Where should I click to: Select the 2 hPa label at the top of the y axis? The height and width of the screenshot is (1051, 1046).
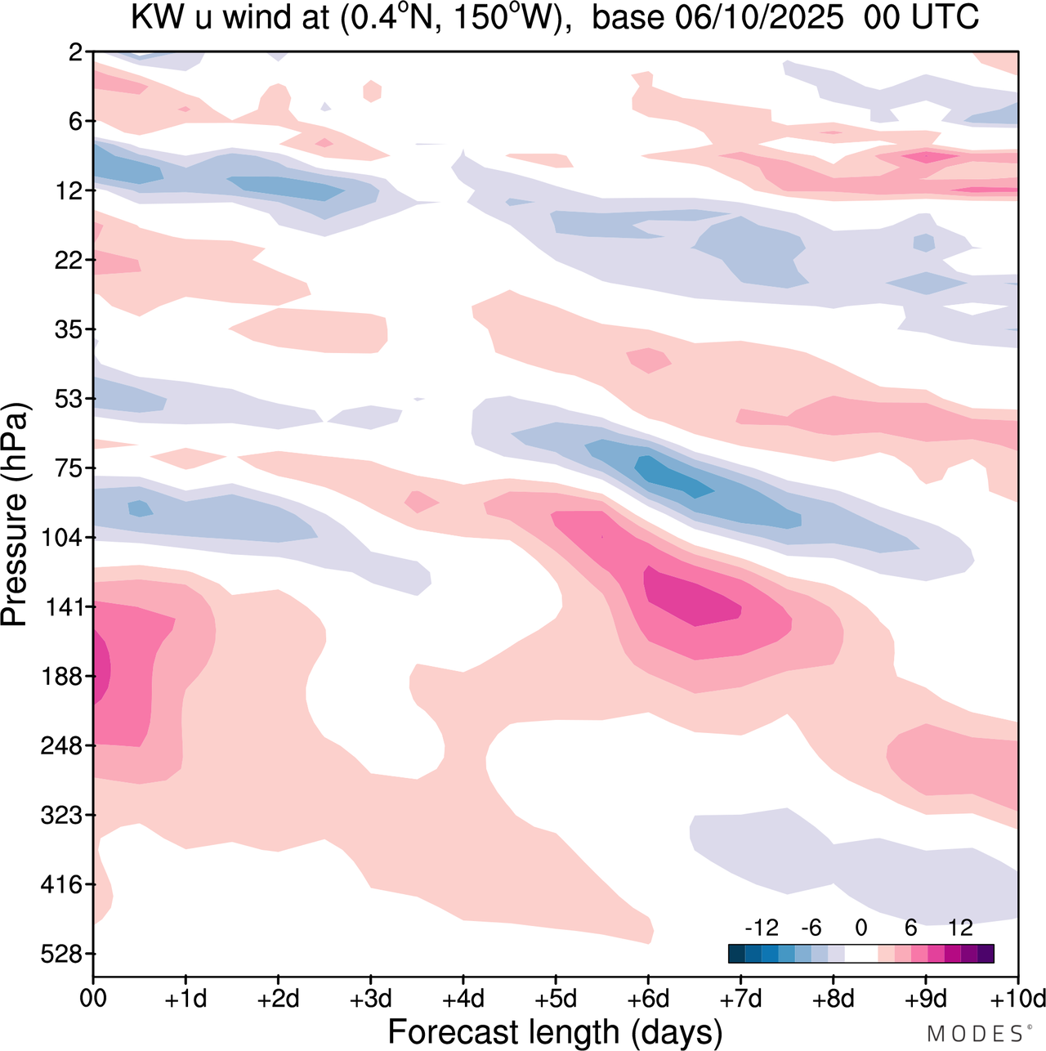point(75,53)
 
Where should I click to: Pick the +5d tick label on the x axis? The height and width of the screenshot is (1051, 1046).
point(556,1000)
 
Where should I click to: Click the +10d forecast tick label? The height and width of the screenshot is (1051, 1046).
point(1017,1000)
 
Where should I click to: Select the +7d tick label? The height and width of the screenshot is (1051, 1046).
point(740,1000)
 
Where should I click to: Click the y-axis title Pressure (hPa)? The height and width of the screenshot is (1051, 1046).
point(16,515)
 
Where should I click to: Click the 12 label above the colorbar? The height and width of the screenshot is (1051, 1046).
point(960,928)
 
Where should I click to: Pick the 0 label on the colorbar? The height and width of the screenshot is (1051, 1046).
point(860,928)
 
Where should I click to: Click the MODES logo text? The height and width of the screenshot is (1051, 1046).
point(975,1034)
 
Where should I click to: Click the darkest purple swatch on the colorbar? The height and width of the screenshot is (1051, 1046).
point(986,953)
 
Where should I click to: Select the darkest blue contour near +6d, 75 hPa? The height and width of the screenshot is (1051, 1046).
point(674,477)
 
